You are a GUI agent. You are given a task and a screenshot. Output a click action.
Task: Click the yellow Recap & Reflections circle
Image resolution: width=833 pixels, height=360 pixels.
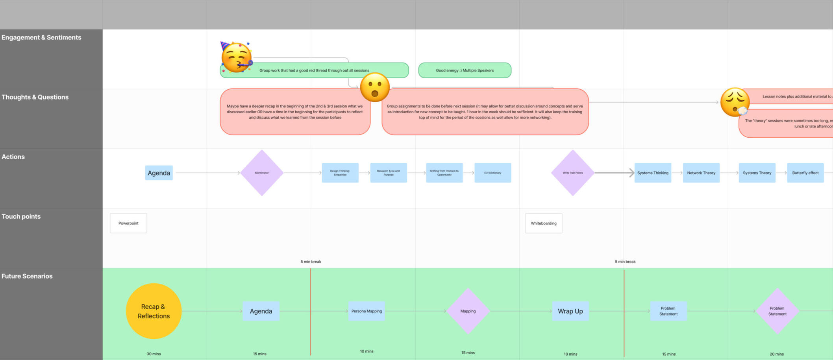coord(154,311)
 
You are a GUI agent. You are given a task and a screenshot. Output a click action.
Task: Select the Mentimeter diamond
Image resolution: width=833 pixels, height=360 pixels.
coord(262,173)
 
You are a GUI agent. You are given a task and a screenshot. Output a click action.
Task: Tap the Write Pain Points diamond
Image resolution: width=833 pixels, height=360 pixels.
coord(572,173)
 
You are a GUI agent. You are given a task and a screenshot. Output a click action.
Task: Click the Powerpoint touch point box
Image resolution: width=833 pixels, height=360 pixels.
coord(128,223)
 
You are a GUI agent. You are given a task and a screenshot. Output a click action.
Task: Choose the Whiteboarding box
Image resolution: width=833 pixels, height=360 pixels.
coord(543,223)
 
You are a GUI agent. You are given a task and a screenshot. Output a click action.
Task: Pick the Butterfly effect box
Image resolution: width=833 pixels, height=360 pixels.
coord(805,173)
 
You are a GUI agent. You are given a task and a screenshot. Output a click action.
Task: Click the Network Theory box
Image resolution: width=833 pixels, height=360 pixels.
coord(701,173)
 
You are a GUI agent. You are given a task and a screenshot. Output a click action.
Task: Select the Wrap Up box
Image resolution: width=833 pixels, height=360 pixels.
coord(570,311)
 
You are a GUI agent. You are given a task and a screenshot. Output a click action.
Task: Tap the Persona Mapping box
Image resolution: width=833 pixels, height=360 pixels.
coord(367,311)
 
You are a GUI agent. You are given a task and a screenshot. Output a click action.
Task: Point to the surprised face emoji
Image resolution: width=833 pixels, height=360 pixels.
coord(375,87)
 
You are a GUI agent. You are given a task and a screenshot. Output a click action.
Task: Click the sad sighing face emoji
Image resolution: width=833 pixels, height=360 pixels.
coord(735,102)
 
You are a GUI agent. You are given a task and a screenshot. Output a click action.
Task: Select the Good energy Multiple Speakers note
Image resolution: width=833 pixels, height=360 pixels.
coord(465,70)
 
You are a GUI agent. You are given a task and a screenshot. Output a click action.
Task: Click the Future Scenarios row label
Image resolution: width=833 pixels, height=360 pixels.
coord(27,276)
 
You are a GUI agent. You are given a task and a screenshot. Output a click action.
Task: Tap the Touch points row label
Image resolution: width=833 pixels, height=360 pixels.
coord(21,216)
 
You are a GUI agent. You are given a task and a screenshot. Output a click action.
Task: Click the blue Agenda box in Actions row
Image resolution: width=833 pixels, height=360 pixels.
coord(159,173)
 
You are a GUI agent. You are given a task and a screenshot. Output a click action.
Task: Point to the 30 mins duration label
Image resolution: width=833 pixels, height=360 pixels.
coord(154,354)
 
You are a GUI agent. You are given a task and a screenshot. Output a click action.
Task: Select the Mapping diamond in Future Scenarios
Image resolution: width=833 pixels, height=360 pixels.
coord(468,311)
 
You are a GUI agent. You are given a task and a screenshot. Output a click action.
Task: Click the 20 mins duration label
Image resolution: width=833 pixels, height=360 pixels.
coord(776,354)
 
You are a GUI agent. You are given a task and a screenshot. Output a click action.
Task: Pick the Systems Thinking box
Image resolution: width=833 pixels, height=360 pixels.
coord(653,173)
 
